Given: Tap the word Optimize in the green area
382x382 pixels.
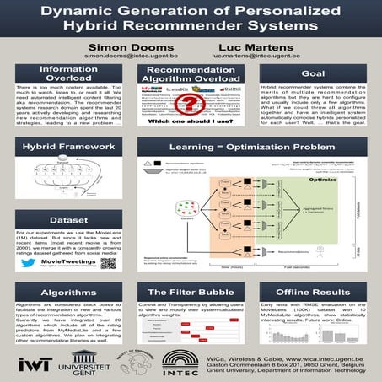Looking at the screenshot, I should point(318,180).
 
